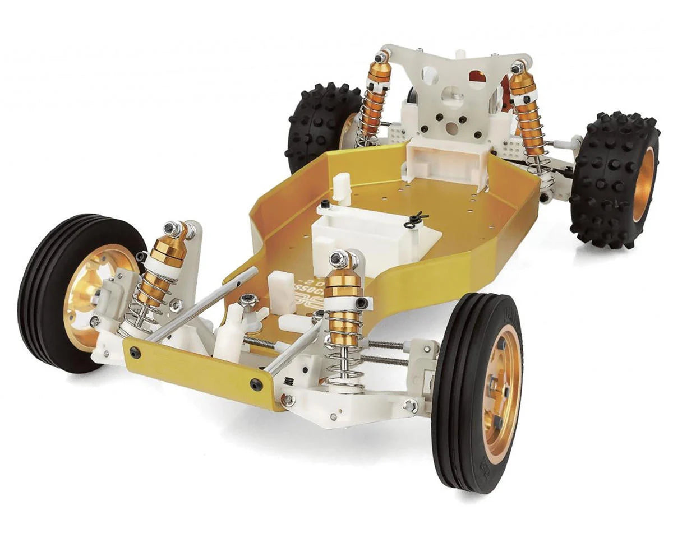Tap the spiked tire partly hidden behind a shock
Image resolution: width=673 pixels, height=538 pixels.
[x=320, y=126]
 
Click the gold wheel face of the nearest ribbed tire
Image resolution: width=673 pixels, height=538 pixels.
[x=502, y=392]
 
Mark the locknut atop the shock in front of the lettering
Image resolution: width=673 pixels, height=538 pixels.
[x=338, y=258]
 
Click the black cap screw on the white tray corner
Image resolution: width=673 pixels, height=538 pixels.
[x=326, y=204]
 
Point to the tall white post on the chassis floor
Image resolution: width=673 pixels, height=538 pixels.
[x=342, y=188]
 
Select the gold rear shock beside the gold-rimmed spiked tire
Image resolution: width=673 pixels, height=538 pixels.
[x=527, y=112]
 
